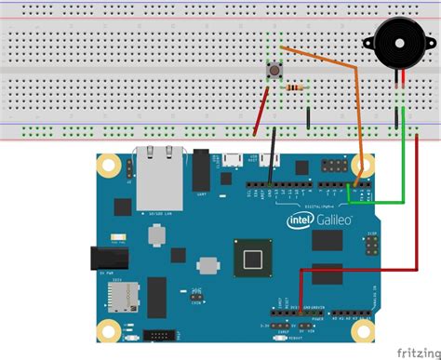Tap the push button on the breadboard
[x=275, y=72]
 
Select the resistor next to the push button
[x=295, y=87]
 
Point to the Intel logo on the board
[x=298, y=221]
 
